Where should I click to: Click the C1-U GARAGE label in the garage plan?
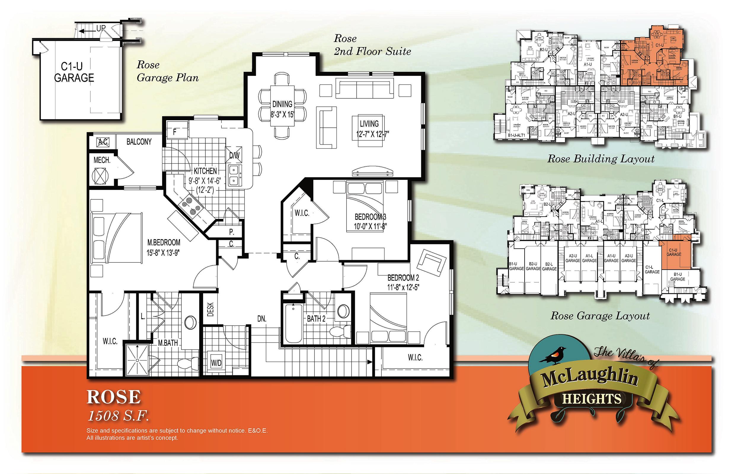74,72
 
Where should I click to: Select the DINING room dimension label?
282,114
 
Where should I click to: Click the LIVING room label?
369,124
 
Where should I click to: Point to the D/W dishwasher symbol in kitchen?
234,156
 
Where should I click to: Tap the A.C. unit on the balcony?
103,142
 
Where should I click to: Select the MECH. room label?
102,160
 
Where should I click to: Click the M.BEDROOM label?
164,243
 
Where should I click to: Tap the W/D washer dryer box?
216,363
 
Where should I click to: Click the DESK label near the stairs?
211,309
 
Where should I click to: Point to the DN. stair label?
262,319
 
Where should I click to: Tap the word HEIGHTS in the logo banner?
592,399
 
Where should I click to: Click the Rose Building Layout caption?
601,159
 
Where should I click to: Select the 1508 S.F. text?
118,416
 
